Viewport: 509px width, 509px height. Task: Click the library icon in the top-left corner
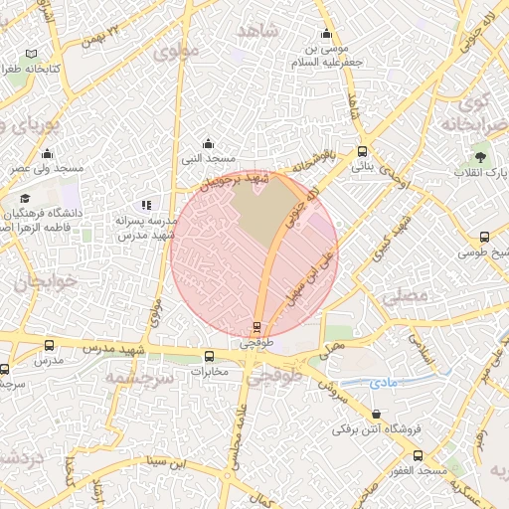pos(32,53)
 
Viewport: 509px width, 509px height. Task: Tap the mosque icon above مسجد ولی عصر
pos(47,153)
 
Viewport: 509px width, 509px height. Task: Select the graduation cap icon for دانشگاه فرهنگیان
pos(24,199)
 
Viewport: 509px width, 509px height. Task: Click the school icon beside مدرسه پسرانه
pos(146,205)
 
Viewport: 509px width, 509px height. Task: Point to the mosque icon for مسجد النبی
pos(208,143)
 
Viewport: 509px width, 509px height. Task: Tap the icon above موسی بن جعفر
pos(326,34)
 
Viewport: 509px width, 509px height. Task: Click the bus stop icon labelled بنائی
pos(361,152)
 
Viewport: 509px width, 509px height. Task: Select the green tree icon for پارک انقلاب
pos(481,156)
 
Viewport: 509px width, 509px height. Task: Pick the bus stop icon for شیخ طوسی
pos(484,238)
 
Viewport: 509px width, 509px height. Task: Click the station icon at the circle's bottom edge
pos(256,326)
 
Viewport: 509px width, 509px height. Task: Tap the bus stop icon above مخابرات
pos(209,356)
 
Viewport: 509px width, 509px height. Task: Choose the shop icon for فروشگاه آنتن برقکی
pos(376,414)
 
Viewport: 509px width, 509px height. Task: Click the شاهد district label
pos(257,32)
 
